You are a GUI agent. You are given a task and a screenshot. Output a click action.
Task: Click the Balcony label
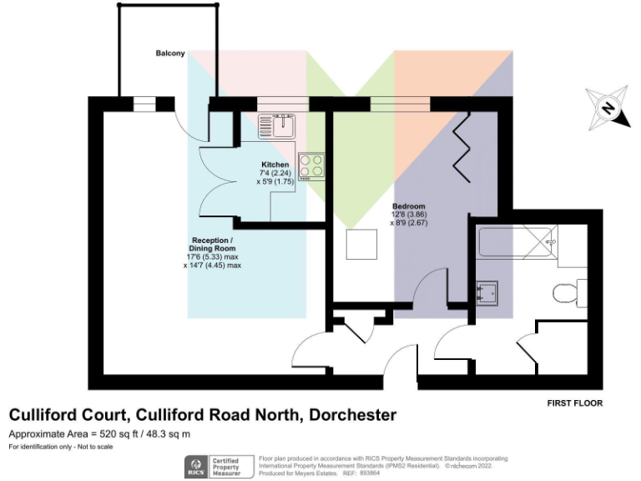[x=169, y=53]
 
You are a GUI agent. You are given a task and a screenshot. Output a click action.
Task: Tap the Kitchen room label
[x=275, y=165]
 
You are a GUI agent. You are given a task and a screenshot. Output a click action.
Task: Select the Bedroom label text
[x=409, y=206]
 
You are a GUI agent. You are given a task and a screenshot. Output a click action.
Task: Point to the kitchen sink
[x=276, y=126]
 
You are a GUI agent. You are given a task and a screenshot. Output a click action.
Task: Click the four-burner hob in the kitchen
[x=312, y=165]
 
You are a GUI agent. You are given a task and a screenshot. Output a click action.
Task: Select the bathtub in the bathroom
[x=516, y=243]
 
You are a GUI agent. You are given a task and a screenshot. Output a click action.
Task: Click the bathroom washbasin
[x=487, y=291]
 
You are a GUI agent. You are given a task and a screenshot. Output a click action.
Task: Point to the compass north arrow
[x=609, y=109]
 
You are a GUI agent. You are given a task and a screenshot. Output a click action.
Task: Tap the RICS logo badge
[x=197, y=466]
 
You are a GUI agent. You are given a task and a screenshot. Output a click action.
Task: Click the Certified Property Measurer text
[x=229, y=466]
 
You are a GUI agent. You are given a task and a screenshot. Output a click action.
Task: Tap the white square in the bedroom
[x=363, y=244]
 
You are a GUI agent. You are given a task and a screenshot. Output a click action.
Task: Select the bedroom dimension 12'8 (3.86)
[x=409, y=215]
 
